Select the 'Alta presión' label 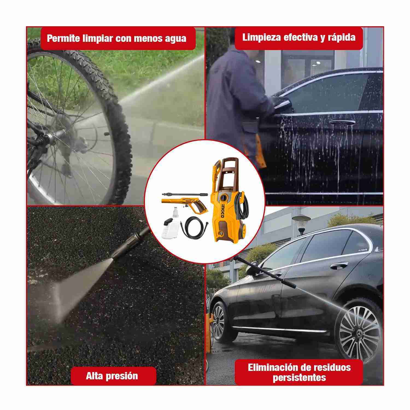[112, 376]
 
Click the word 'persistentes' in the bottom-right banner [299, 378]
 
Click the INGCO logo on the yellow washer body [222, 211]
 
